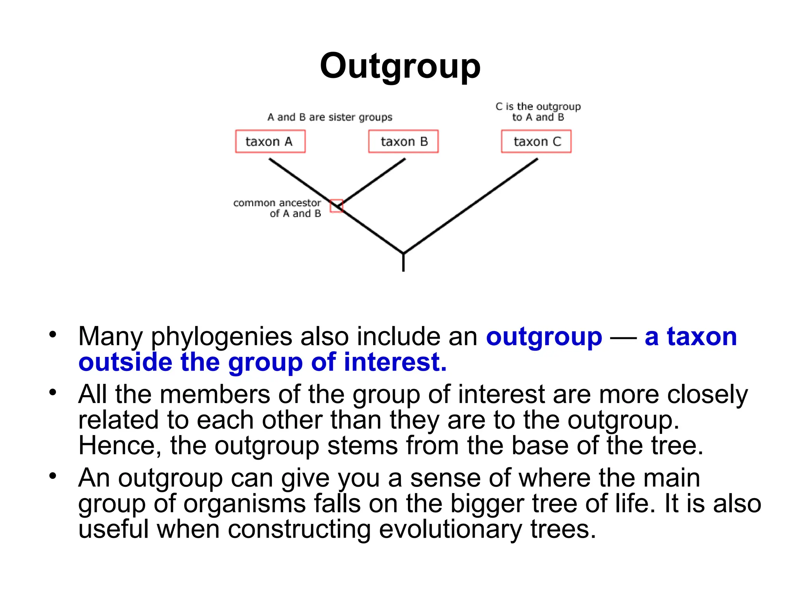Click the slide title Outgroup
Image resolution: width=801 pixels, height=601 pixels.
400,66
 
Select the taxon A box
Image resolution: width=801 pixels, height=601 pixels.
270,141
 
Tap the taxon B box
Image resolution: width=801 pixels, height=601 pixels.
403,141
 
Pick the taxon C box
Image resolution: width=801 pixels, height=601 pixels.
536,141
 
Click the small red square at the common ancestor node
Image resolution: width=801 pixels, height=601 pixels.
336,206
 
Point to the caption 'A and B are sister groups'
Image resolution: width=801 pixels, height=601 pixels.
330,117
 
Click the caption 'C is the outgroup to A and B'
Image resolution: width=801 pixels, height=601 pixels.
538,112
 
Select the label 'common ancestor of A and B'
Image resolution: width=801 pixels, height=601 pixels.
277,208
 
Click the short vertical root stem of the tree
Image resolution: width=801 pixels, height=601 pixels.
403,263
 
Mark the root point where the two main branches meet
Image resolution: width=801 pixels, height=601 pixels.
403,253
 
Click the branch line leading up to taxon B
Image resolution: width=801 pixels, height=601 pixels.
374,181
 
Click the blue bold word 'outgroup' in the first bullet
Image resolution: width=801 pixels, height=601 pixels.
544,336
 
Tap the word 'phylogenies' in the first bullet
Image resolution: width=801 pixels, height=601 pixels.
221,337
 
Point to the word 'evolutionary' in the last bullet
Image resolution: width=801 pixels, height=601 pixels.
450,529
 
